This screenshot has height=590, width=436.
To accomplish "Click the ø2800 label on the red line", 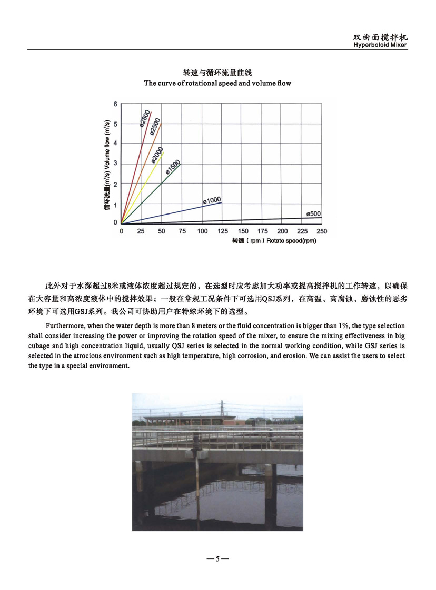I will pos(145,118).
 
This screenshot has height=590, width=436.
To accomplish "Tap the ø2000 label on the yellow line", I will pos(157,155).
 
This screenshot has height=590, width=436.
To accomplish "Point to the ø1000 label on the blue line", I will pos(211,200).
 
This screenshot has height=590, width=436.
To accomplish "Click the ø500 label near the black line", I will pos(313,214).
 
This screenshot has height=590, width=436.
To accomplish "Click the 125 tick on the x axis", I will pos(223,231).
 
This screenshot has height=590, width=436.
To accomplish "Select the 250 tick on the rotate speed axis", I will pos(321,231).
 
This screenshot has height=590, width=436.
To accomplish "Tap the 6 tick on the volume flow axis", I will pos(116,104).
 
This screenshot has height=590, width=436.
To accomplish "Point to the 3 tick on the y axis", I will pos(116,163).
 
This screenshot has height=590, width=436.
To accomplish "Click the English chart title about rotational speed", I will pos(217,83).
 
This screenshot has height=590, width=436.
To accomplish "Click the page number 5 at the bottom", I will pos(217,558).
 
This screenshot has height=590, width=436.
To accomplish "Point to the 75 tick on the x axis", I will pos(182,231).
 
